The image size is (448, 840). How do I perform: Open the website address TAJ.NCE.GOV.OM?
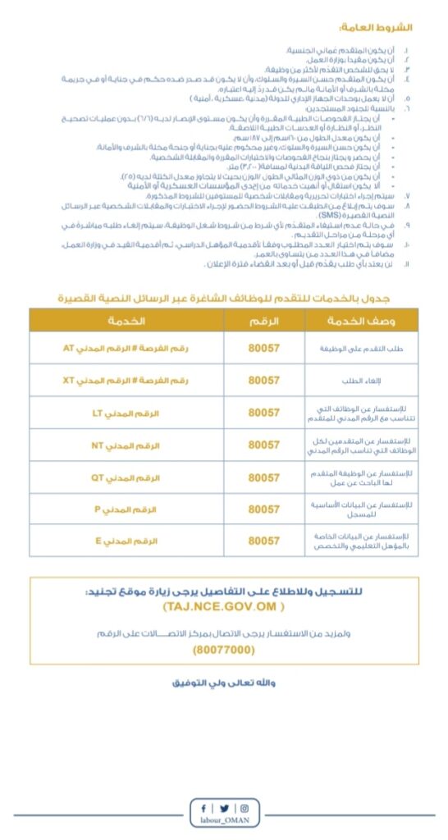[x=224, y=606]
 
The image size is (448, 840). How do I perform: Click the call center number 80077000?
[x=224, y=649]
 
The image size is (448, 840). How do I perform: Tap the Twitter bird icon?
[x=224, y=808]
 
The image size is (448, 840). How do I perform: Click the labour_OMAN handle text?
[x=224, y=825]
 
